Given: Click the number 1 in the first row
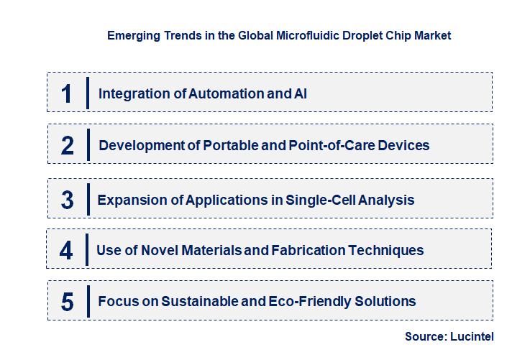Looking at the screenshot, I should click(67, 93).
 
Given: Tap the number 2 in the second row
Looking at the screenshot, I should click(68, 146).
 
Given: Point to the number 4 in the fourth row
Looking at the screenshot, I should click(66, 251).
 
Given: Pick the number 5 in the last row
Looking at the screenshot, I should click(68, 302).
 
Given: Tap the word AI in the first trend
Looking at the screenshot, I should click(301, 93).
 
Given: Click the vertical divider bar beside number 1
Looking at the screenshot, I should click(87, 93).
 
